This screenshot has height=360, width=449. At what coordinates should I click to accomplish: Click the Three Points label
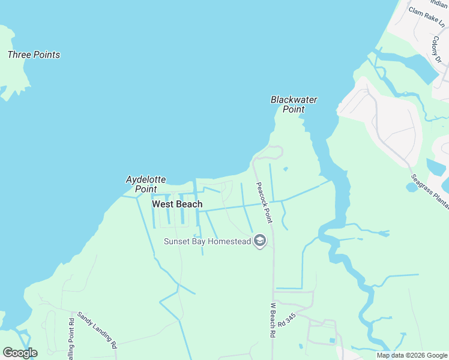(34, 55)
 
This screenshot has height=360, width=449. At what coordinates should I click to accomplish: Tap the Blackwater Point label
(294, 104)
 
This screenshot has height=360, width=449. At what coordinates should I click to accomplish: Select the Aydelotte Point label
(141, 184)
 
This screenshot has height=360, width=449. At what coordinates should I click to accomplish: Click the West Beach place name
(177, 204)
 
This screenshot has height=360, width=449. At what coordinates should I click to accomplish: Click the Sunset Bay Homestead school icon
(260, 242)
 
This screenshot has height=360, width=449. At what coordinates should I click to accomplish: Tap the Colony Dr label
(436, 49)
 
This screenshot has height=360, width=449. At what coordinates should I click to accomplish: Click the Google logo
(20, 353)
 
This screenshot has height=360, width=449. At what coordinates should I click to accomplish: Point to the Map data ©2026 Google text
(412, 355)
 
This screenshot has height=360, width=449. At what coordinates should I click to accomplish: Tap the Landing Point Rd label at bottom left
(71, 342)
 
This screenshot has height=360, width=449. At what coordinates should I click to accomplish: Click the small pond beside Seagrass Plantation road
(411, 187)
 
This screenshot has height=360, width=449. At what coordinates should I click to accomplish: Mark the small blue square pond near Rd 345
(333, 341)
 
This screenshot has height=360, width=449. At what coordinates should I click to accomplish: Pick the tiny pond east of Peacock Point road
(285, 169)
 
